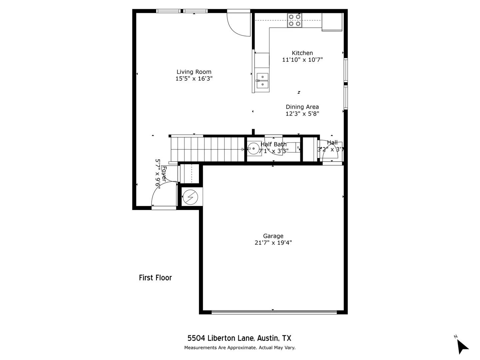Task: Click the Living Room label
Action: (194, 72)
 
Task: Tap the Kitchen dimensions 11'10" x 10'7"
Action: (302, 60)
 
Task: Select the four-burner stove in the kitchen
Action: (295, 20)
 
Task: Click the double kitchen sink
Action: (262, 81)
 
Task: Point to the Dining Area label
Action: (302, 107)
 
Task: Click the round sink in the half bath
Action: (253, 148)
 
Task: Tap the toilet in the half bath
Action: (293, 147)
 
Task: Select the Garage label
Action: (273, 236)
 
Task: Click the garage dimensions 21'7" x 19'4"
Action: (273, 243)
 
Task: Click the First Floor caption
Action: (155, 278)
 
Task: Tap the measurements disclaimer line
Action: (240, 348)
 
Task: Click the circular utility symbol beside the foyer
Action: (190, 197)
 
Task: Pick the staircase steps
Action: (207, 149)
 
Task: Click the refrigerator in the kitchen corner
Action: (332, 21)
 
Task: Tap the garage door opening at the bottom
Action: (274, 312)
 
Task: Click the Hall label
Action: (332, 142)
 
